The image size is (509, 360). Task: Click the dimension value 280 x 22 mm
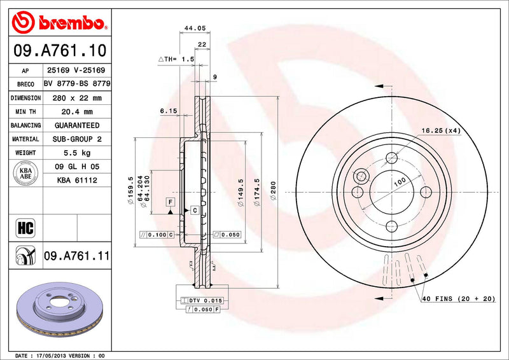coord(76,98)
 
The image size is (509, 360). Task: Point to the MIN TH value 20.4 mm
coord(76,112)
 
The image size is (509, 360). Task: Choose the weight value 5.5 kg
coord(76,153)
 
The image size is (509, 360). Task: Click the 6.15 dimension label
coord(167,111)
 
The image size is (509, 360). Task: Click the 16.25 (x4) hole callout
coord(440,130)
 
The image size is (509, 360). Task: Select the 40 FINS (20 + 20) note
coord(458,299)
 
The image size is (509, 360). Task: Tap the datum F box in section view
coord(170,202)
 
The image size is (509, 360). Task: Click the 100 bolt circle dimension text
coord(399,183)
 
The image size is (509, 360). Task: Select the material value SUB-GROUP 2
coord(76,139)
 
